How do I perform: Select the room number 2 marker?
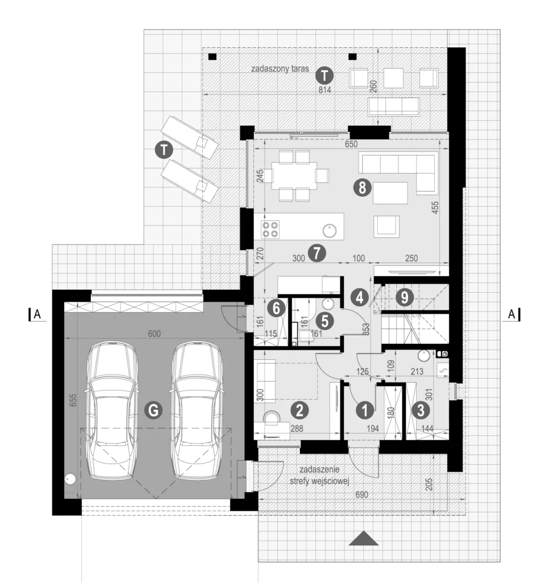(x=299, y=409)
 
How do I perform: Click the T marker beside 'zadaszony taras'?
(x=324, y=75)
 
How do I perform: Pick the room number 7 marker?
(x=315, y=251)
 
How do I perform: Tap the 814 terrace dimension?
(x=325, y=89)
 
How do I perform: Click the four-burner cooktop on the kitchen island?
(x=271, y=229)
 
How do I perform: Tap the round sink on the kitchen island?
(x=330, y=231)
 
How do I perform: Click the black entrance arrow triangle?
(x=363, y=539)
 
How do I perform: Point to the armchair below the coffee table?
(x=386, y=226)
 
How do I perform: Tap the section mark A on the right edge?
(x=512, y=314)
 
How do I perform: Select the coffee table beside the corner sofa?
(x=390, y=192)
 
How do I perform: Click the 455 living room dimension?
(x=435, y=207)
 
